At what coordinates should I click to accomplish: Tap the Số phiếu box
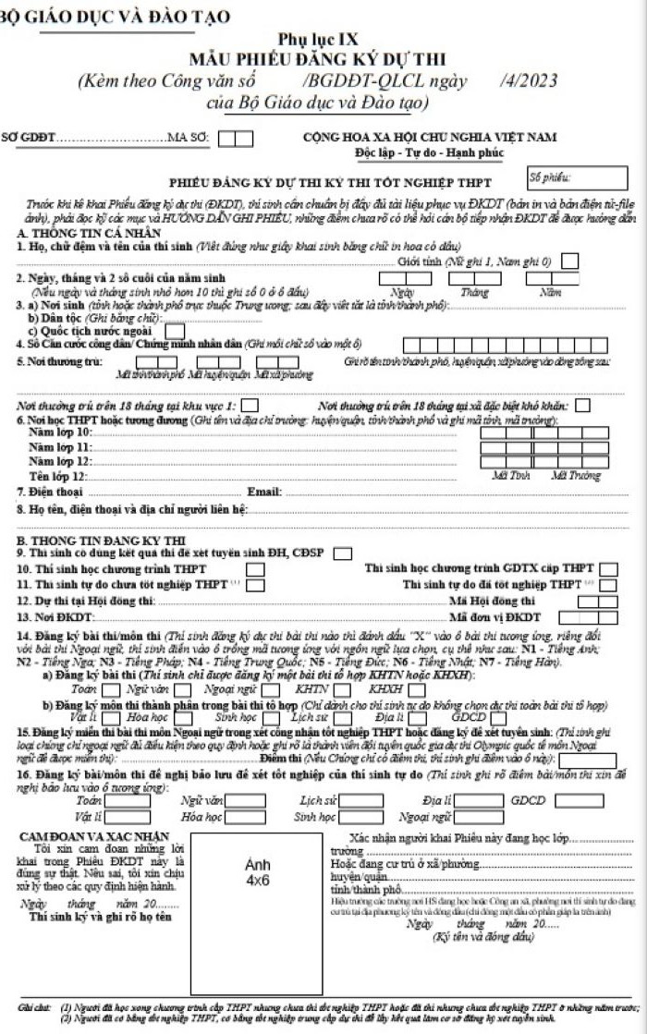coord(564,177)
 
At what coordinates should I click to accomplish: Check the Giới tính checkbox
coord(570,262)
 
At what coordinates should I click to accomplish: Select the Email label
coord(264,491)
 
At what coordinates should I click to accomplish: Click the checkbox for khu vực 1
coord(250,406)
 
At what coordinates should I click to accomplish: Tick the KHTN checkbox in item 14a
coord(342,689)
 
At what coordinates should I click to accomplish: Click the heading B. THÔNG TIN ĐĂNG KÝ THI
coord(88,539)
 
